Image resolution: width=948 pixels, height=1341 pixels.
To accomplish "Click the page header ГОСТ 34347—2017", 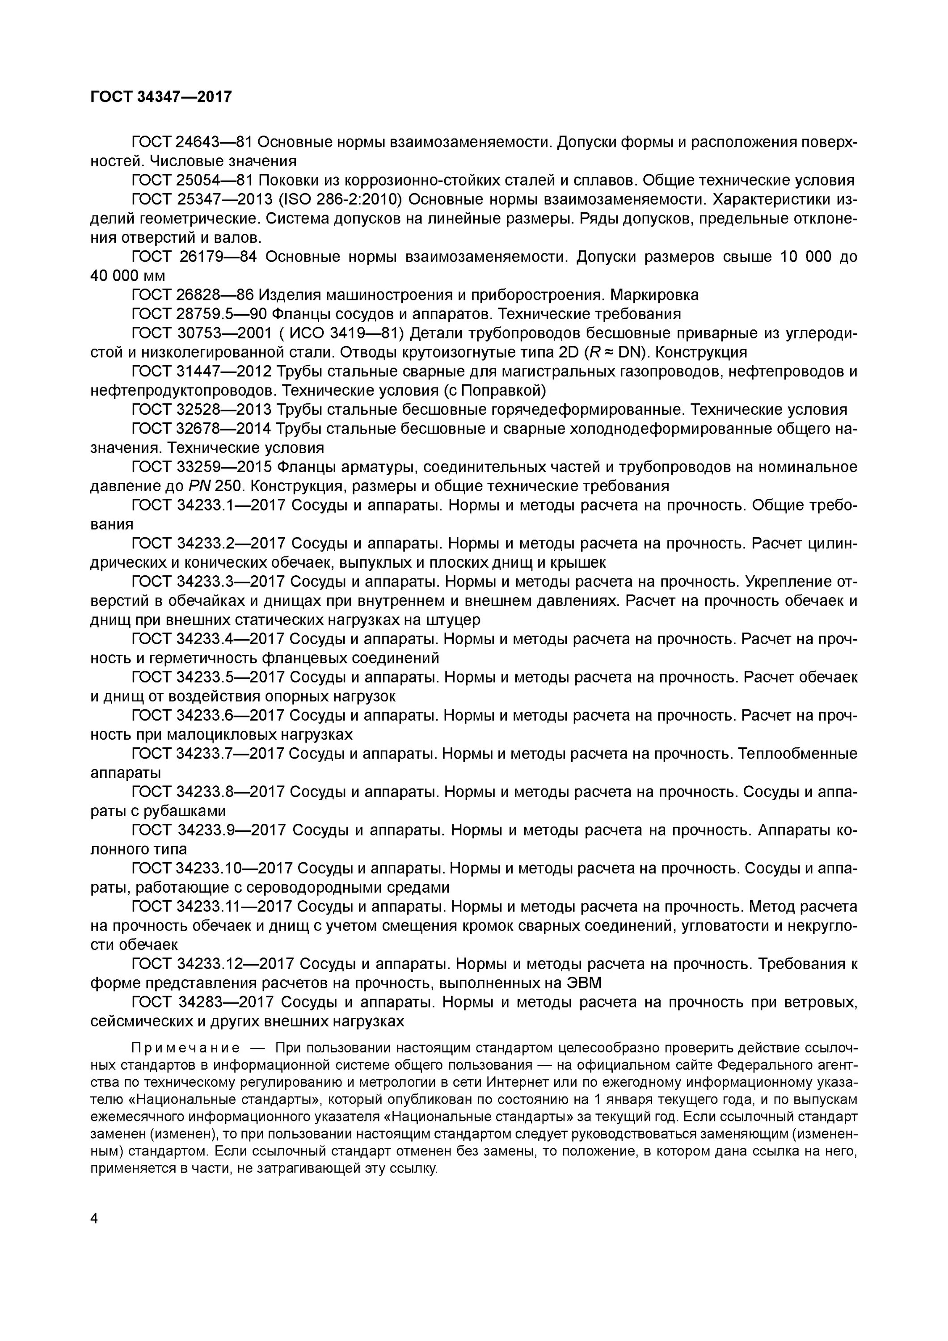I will [x=161, y=97].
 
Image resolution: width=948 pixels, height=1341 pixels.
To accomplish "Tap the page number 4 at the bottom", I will [x=95, y=1218].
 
